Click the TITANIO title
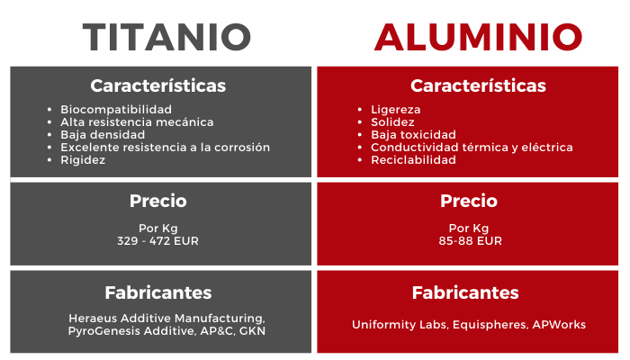click(166, 38)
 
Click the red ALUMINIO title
click(478, 38)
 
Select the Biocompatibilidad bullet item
click(116, 110)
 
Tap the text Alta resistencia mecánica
click(137, 122)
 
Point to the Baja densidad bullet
click(103, 135)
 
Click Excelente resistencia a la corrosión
click(165, 148)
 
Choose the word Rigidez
click(83, 160)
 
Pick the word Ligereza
click(396, 110)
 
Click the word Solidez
click(392, 122)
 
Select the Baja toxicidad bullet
click(413, 135)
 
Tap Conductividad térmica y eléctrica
click(472, 148)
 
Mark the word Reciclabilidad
click(413, 160)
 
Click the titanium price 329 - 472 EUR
click(157, 241)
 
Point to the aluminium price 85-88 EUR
click(470, 241)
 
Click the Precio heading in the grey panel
click(157, 201)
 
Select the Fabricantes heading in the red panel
click(465, 292)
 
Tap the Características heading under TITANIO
click(157, 85)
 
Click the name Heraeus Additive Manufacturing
click(166, 319)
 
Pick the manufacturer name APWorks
click(559, 325)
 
